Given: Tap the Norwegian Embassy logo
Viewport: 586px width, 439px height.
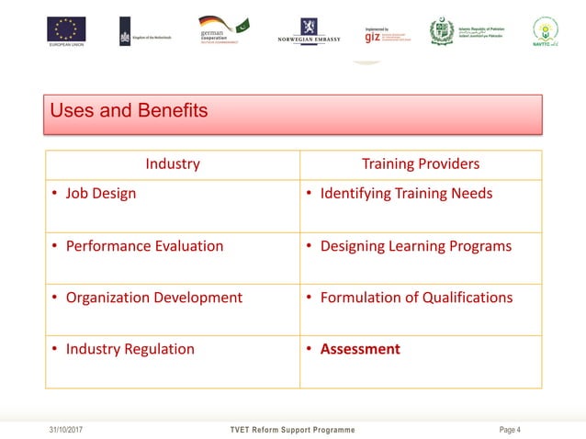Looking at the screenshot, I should click(310, 30).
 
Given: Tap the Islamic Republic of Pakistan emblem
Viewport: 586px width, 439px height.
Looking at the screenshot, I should click(442, 31).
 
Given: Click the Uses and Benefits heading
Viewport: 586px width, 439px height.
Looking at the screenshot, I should click(130, 112).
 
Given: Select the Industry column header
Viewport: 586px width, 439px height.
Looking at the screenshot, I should click(173, 164).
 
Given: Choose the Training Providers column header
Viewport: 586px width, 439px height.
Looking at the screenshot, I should click(421, 164).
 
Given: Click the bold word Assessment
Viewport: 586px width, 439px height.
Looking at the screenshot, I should click(360, 349).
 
